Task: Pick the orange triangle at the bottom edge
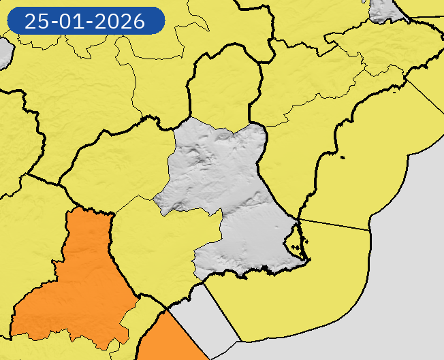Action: tap(167, 340)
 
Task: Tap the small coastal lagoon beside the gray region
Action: tap(294, 240)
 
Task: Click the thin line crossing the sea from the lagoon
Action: tap(337, 225)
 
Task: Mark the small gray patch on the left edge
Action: tap(4, 52)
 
